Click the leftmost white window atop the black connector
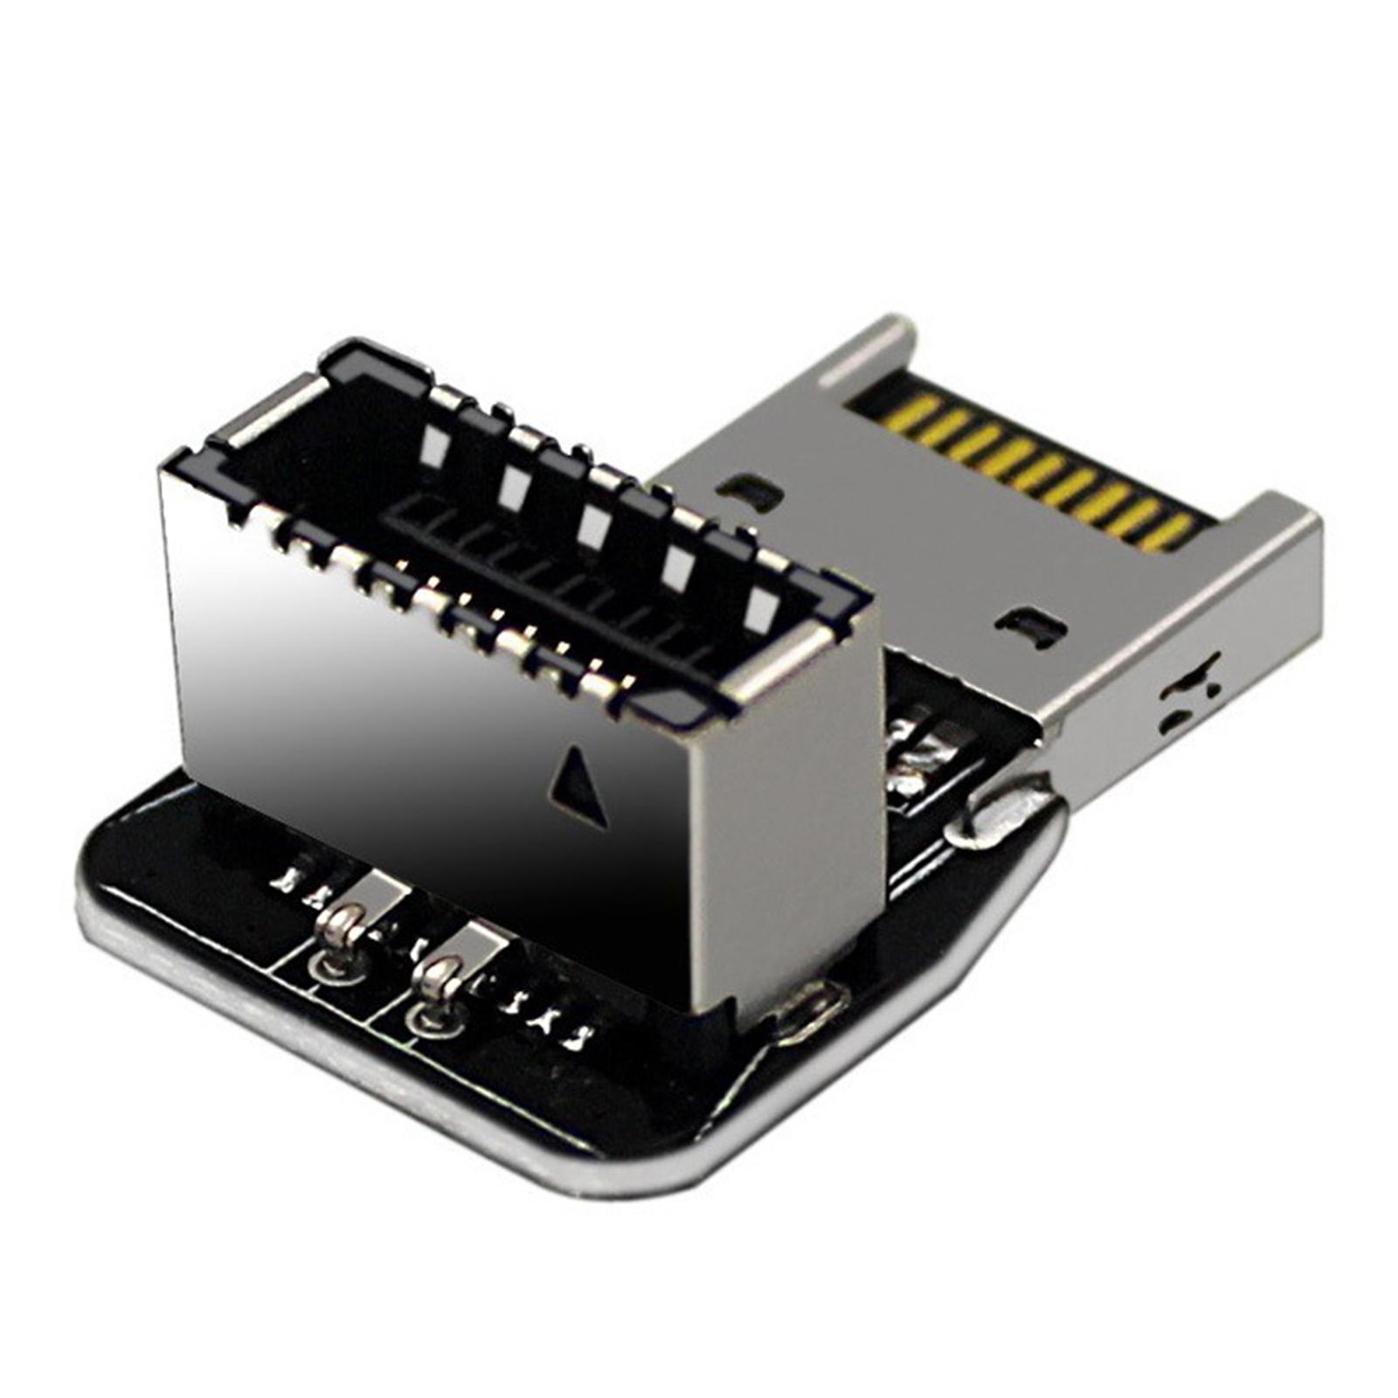[433, 445]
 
